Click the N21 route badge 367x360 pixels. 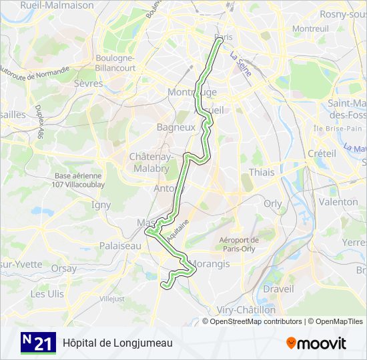[x=38, y=343]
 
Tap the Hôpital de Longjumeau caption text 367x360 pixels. [x=117, y=343]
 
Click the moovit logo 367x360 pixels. [x=316, y=343]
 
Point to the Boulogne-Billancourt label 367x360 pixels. [x=115, y=63]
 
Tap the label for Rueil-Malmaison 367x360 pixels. [x=57, y=5]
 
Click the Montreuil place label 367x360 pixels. [x=311, y=29]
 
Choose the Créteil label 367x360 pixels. [x=322, y=153]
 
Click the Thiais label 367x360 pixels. [x=261, y=172]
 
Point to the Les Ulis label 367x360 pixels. [x=47, y=293]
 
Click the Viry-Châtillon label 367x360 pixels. [x=246, y=310]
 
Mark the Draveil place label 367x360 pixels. [x=278, y=289]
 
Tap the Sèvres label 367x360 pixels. [x=89, y=84]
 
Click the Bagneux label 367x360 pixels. [x=175, y=127]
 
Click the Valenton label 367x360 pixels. [x=338, y=201]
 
